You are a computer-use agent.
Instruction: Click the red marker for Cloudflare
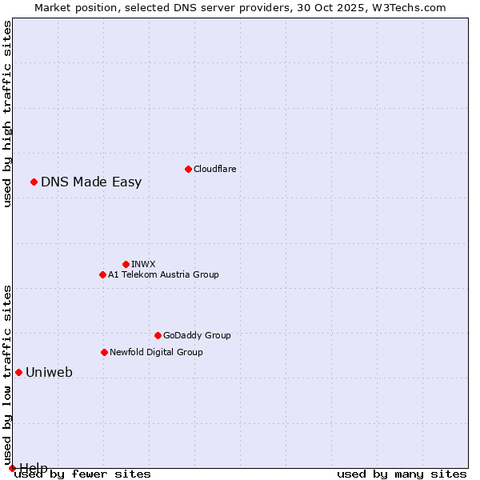click(x=188, y=169)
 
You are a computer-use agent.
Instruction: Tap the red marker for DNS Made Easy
click(x=34, y=182)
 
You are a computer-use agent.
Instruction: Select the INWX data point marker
click(x=126, y=264)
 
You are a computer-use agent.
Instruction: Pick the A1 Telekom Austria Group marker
click(x=102, y=274)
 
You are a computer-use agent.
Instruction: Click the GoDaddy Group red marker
click(x=158, y=335)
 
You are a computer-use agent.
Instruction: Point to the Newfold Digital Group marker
click(x=104, y=352)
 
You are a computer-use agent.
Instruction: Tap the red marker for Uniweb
click(x=18, y=372)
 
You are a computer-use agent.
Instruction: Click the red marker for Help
click(x=12, y=468)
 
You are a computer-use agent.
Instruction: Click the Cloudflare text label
click(x=214, y=169)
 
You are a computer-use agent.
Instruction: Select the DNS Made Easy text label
click(x=91, y=182)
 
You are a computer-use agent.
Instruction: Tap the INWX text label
click(x=143, y=264)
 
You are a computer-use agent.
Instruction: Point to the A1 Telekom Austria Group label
click(x=163, y=274)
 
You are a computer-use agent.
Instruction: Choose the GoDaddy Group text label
click(x=197, y=335)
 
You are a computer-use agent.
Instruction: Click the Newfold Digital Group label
click(x=156, y=352)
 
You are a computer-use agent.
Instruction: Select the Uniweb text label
click(x=49, y=372)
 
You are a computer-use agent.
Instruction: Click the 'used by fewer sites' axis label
click(x=82, y=474)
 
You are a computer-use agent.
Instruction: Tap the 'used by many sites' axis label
click(x=402, y=474)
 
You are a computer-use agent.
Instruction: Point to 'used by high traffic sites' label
click(x=7, y=114)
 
